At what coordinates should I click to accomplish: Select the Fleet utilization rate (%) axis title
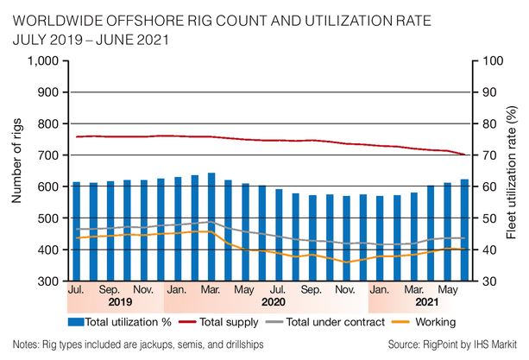click(x=515, y=170)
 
